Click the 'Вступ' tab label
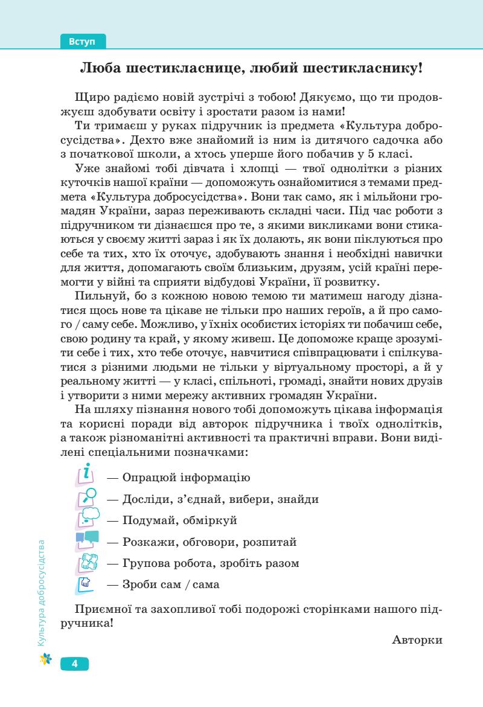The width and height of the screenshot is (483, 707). coord(83,42)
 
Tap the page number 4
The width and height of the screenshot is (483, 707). coord(74,664)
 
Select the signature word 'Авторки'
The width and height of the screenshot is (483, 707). coord(417,639)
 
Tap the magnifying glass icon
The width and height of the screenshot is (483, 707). coord(86,497)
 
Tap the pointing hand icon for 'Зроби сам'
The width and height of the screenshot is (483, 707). coord(86,584)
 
